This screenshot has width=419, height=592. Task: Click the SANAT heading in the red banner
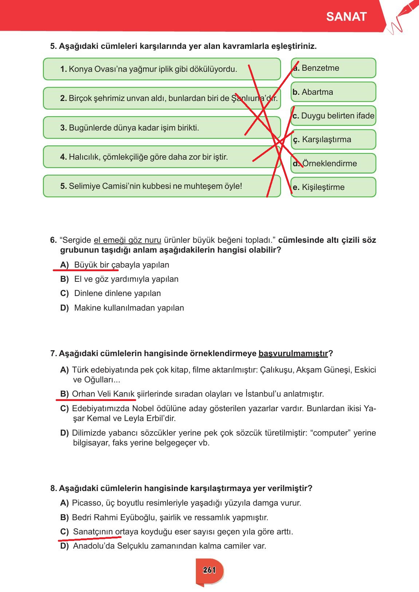(346, 17)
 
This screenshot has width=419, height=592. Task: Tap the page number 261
(210, 570)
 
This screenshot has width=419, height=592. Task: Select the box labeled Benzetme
(333, 68)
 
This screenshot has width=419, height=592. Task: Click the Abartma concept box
(333, 92)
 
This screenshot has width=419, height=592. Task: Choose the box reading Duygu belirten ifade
(333, 116)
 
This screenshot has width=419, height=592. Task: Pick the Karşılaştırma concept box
(333, 140)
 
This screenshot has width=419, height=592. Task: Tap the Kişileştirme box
(333, 187)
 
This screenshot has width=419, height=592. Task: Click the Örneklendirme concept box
(333, 163)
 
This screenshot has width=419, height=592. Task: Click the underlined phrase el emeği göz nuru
(127, 240)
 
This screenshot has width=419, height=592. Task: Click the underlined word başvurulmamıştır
(293, 354)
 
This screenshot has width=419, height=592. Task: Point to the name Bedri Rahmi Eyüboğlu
(115, 517)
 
